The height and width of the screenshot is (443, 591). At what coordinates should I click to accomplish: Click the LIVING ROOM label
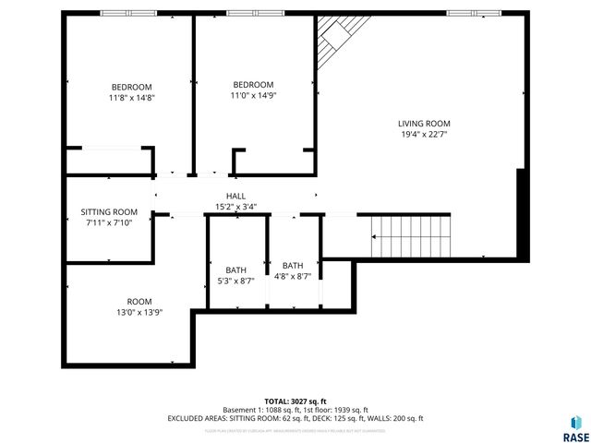coord(424,123)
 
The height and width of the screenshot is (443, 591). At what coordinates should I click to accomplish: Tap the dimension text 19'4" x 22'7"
coord(424,134)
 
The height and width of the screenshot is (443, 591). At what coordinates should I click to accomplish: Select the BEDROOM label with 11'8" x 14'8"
coord(131,87)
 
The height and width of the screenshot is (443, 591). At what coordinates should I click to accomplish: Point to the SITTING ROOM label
coord(109,211)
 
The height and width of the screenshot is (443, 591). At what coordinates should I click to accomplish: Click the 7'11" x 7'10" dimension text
coord(109,222)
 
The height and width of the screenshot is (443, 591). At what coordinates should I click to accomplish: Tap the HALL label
coord(236,196)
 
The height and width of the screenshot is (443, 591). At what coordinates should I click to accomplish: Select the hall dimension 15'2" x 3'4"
coord(236,207)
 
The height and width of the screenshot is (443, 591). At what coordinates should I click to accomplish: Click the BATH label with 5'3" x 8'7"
coord(235,269)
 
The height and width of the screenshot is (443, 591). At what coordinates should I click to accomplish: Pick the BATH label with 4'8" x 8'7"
coord(293,265)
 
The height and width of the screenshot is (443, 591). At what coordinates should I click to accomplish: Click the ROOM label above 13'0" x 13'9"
coord(139,302)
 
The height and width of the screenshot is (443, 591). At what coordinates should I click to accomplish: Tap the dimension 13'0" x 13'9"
coord(139,313)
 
